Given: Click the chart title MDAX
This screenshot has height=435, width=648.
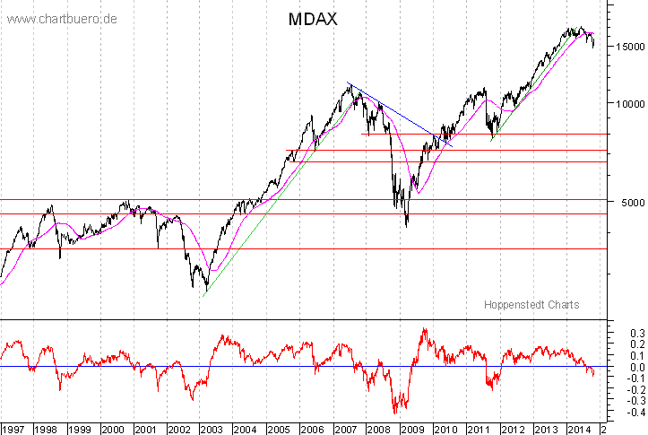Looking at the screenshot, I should pyautogui.click(x=312, y=19).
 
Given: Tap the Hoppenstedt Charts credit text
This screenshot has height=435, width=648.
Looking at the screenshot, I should pyautogui.click(x=531, y=305).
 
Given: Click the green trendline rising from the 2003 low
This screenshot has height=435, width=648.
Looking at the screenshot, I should pyautogui.click(x=260, y=221).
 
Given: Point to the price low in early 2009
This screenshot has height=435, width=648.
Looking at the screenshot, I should pyautogui.click(x=407, y=225).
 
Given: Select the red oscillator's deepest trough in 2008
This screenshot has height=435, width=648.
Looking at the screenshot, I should pyautogui.click(x=395, y=411).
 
